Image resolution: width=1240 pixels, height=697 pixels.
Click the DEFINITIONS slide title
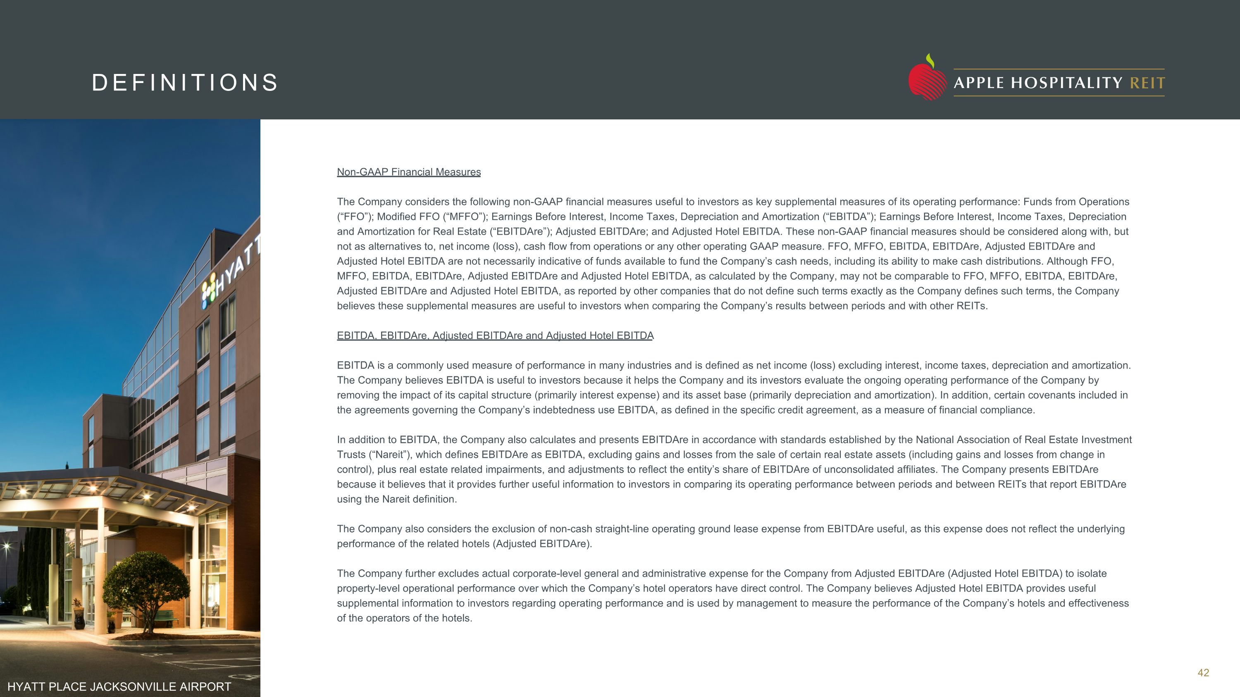185,83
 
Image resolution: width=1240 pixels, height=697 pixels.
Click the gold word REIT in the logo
1147,83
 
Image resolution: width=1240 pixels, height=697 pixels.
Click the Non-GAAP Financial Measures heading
409,172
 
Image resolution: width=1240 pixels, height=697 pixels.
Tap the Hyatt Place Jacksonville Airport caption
119,686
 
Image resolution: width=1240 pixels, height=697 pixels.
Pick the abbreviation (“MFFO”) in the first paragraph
461,216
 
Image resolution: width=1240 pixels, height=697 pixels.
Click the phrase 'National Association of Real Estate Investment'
1023,440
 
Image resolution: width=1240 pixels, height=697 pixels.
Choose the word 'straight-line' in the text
625,529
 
